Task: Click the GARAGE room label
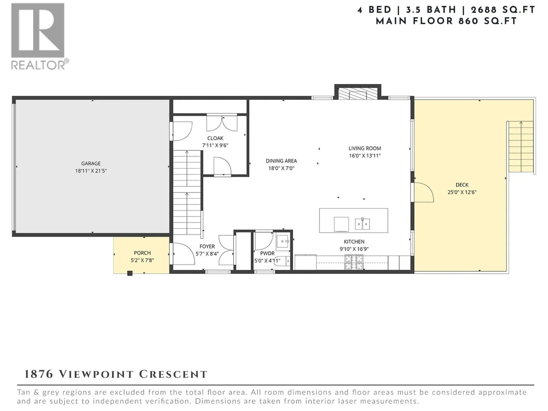click(x=91, y=163)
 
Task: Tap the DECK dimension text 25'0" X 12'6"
click(x=462, y=192)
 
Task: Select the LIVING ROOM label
click(x=365, y=148)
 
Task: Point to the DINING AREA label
click(x=282, y=161)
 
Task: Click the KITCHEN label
click(x=354, y=241)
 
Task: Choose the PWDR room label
click(x=267, y=253)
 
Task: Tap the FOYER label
click(x=207, y=246)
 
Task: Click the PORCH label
click(x=142, y=253)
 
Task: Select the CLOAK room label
click(x=215, y=138)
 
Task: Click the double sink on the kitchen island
click(x=362, y=224)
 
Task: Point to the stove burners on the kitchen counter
click(x=354, y=262)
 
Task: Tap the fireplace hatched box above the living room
click(x=358, y=94)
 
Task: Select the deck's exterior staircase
click(x=521, y=147)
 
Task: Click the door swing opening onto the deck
click(x=424, y=192)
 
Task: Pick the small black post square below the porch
click(x=130, y=273)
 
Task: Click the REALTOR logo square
click(x=38, y=30)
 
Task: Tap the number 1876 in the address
click(x=39, y=374)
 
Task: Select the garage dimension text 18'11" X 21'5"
click(x=91, y=171)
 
